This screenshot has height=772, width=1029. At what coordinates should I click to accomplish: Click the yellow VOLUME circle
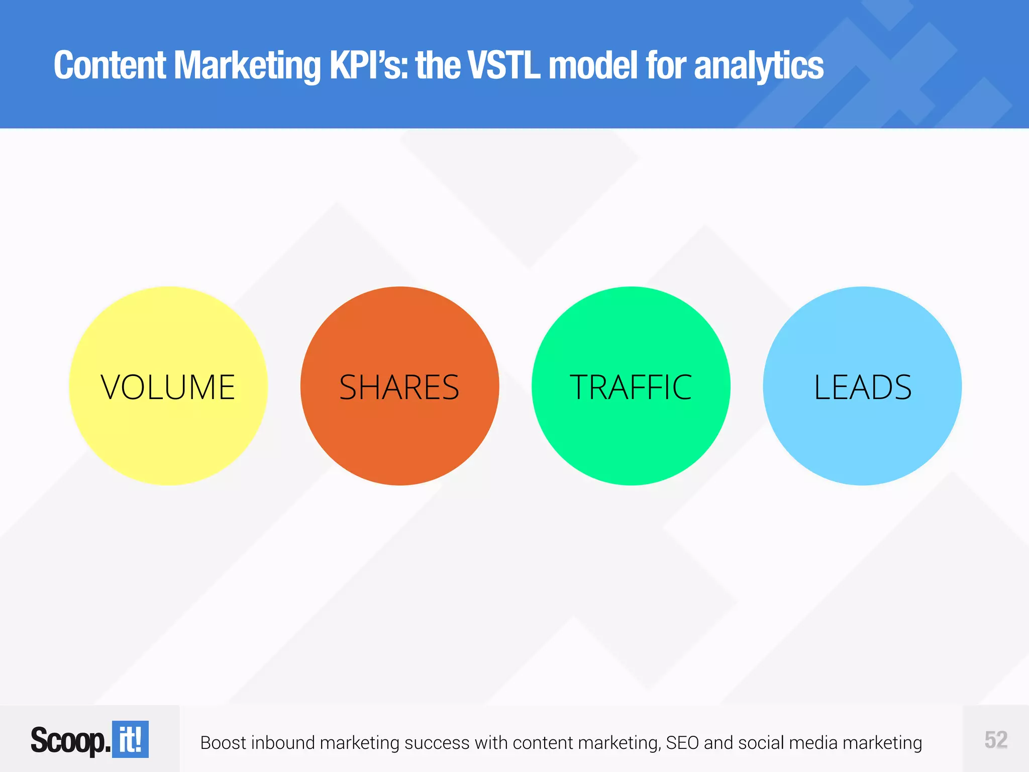(x=168, y=386)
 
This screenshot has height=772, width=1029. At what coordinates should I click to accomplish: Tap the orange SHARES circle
(x=399, y=386)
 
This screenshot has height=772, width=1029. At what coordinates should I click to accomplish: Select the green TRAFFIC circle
(x=631, y=386)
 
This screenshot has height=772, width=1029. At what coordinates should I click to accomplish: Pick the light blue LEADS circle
(x=862, y=386)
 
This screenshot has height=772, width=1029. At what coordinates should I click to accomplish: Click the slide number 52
(x=996, y=740)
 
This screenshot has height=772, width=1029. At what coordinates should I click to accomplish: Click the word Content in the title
(x=110, y=65)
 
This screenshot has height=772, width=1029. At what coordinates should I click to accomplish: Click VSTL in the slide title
(x=504, y=65)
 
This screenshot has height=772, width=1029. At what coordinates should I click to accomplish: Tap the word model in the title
(x=593, y=65)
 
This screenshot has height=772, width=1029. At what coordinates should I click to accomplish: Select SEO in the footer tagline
(x=683, y=743)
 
